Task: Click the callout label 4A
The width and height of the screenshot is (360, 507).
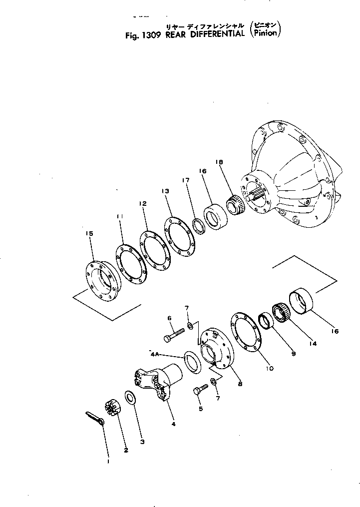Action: [x=155, y=354]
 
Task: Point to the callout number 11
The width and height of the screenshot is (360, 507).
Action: [x=119, y=216]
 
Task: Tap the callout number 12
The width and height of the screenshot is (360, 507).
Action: [x=143, y=204]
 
